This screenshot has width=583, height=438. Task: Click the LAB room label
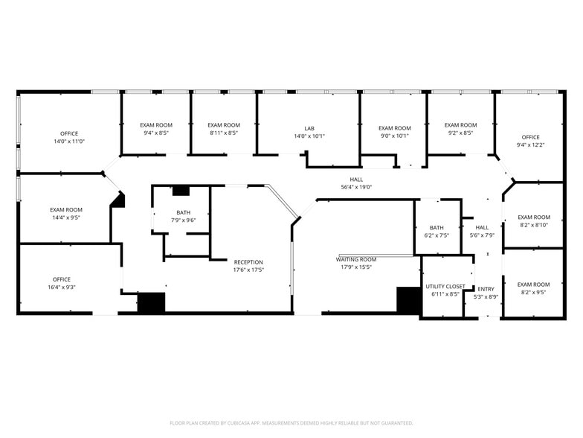pos(309,128)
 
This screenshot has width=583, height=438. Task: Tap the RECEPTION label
pos(248,262)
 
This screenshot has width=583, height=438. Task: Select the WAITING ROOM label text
pos(356,259)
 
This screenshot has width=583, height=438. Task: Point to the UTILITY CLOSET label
pos(445,286)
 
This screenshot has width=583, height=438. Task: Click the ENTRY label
pos(486,289)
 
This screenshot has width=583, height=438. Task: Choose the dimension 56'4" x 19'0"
pos(356,188)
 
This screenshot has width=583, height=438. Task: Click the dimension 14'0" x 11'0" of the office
pos(69,142)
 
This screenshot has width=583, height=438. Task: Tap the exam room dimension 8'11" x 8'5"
pos(224,133)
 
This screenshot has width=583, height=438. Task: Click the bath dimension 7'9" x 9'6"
pos(184,220)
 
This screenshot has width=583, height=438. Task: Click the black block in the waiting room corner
pos(408,300)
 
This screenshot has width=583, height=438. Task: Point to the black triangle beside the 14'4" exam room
pos(118,200)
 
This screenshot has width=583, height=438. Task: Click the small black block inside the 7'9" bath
pos(181,191)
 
